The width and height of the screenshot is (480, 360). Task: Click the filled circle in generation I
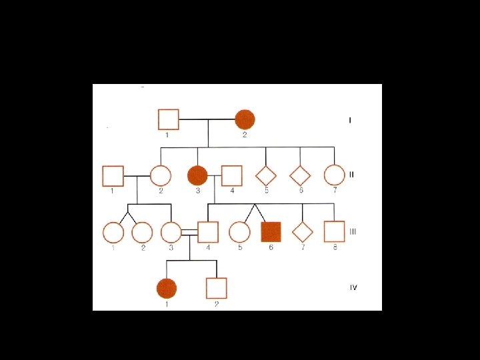[245, 119]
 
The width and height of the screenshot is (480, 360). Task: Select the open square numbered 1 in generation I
[168, 119]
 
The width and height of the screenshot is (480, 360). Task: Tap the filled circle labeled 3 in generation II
[197, 175]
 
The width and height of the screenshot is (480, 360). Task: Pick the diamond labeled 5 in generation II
[266, 175]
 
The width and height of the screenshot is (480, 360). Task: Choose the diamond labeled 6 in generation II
[300, 175]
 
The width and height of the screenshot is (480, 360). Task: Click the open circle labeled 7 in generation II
[334, 175]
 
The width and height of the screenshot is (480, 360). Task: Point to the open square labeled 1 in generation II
[113, 175]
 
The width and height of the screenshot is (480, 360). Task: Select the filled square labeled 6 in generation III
[271, 231]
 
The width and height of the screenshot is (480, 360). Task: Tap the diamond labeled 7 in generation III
[303, 231]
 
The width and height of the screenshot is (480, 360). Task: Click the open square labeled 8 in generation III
[334, 231]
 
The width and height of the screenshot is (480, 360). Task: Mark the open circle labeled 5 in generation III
[239, 231]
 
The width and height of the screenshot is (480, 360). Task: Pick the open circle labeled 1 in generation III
[113, 231]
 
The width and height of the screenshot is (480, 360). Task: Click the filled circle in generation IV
[166, 288]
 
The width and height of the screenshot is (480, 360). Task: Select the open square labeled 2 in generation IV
[216, 288]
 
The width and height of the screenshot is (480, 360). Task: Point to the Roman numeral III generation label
[353, 231]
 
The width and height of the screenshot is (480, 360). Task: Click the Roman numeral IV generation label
[353, 287]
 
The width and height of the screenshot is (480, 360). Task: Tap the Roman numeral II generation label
[351, 175]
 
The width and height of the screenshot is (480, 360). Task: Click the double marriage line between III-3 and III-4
[190, 231]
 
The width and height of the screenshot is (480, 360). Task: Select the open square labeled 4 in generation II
[231, 175]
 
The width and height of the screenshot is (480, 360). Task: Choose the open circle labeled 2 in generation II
[160, 175]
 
